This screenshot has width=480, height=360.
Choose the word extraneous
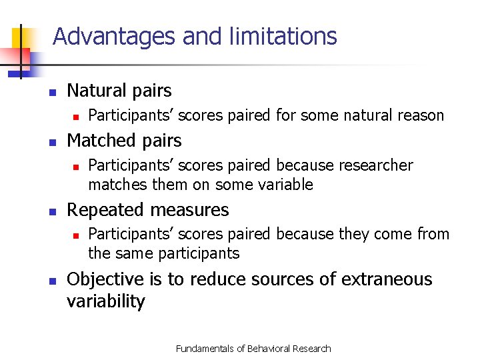387,279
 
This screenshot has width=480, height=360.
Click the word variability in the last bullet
105,301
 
